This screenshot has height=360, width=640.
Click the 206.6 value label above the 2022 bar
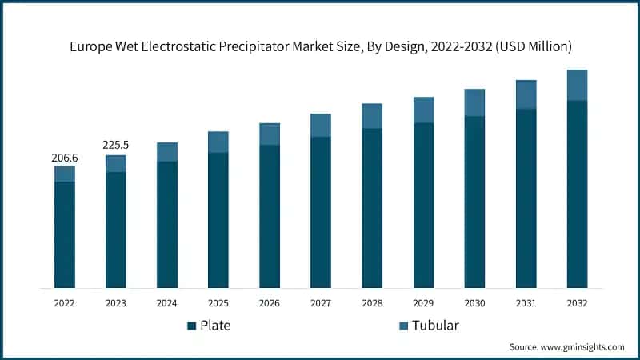[64, 158]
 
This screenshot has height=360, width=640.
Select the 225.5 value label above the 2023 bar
[115, 146]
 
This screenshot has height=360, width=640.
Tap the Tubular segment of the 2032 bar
[577, 85]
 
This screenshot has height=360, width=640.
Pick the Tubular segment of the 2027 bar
[321, 125]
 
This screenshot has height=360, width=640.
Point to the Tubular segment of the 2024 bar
[166, 152]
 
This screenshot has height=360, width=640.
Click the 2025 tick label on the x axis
[218, 303]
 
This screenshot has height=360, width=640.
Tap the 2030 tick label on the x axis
[474, 303]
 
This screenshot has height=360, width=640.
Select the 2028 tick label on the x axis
[372, 303]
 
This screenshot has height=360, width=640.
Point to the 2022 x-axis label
[64, 303]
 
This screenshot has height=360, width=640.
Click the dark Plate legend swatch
[192, 326]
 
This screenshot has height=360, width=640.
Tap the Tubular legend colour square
[403, 326]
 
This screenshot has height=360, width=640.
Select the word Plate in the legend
[218, 326]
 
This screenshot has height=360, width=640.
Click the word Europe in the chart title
[90, 46]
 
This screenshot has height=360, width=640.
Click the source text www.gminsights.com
[583, 346]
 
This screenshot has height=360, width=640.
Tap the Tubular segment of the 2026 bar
[270, 134]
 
